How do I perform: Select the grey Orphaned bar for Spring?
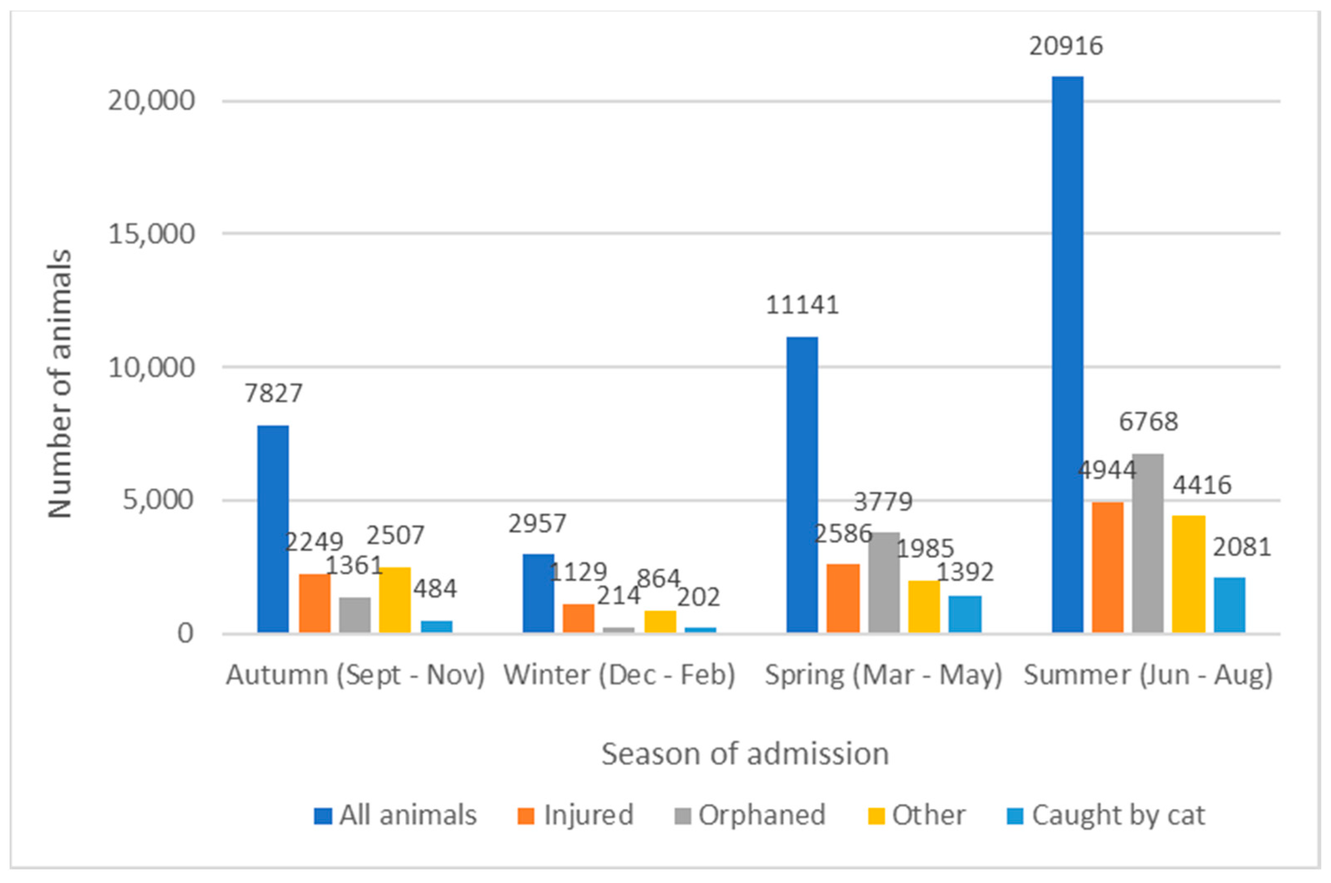(884, 582)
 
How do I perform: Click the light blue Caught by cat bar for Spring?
(965, 614)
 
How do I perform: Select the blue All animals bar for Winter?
(538, 593)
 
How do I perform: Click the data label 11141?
(802, 305)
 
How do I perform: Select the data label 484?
(435, 589)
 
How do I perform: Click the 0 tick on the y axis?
(185, 634)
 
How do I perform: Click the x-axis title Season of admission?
(745, 754)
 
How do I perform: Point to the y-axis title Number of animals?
(60, 383)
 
